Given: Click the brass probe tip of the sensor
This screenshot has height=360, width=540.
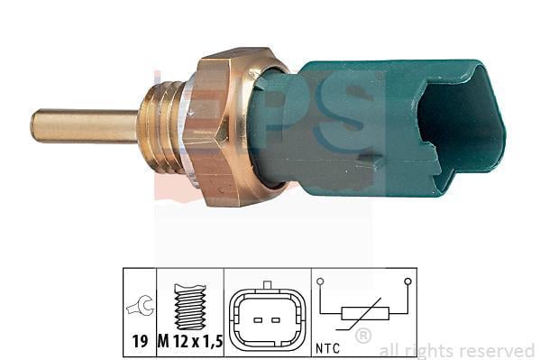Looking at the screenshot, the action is click(84, 125).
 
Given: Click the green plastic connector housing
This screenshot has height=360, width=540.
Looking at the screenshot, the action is click(379, 127).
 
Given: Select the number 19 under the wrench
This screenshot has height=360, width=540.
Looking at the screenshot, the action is click(140, 342).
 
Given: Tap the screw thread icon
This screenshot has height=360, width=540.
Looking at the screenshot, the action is click(190, 306).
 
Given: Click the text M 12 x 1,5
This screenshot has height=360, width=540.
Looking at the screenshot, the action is click(190, 342).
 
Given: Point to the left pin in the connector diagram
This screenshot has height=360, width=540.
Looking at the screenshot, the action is click(258, 320).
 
